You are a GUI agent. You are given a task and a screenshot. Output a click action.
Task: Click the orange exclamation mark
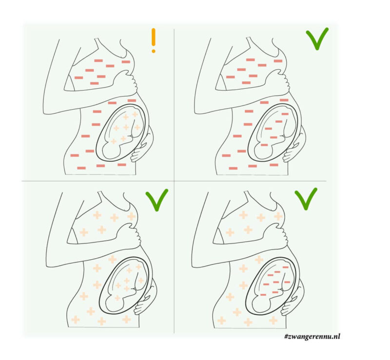154,40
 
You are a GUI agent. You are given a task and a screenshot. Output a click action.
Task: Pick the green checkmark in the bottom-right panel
306,199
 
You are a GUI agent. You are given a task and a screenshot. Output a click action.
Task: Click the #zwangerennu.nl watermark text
312,337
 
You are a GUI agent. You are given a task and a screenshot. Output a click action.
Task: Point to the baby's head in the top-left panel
112,151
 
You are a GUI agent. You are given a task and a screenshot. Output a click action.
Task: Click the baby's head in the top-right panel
263,151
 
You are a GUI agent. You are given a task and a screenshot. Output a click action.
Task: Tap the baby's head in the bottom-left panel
115,303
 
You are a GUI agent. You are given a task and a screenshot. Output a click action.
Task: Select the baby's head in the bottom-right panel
261,304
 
